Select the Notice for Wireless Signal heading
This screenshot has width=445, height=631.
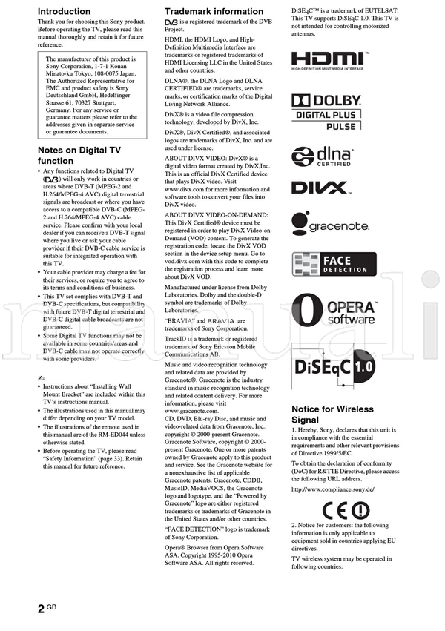[x=332, y=414]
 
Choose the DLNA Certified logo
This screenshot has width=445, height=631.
[x=321, y=157]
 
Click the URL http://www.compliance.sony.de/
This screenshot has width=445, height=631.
[x=332, y=489]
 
